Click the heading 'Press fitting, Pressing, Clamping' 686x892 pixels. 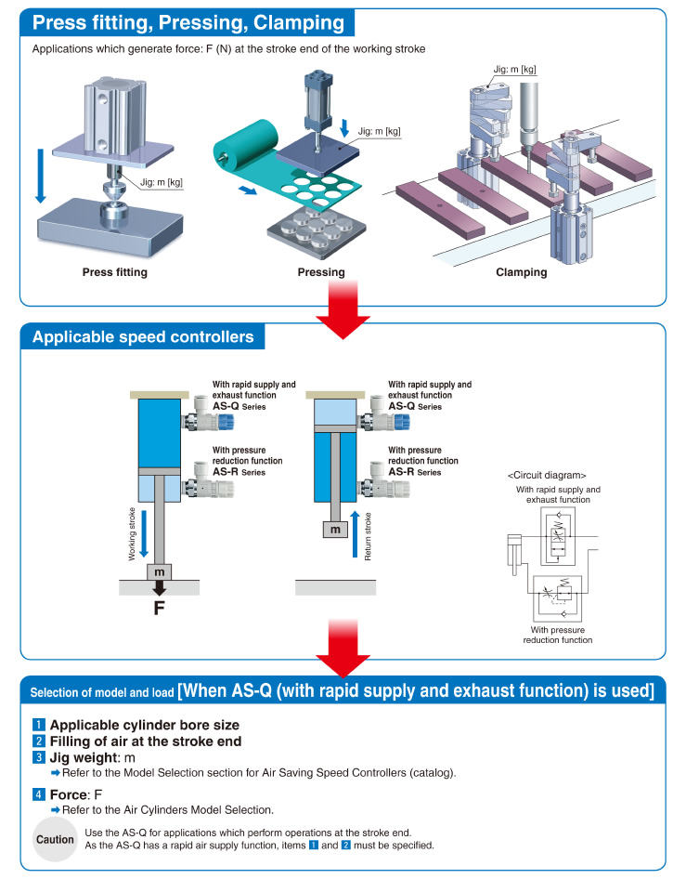188,22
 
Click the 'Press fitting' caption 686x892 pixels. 114,272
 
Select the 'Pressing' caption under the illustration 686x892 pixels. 321,272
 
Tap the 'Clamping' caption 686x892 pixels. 521,272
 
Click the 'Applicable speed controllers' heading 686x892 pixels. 143,336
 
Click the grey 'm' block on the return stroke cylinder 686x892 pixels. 335,530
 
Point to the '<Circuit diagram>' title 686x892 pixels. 546,474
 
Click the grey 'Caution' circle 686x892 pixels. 55,839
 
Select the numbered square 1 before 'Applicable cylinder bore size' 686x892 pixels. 38,725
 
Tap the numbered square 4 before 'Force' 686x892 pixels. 38,794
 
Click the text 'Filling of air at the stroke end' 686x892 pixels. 146,741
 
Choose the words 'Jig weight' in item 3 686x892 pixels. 86,758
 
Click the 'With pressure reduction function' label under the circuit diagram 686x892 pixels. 557,635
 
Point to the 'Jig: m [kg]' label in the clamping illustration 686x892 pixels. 515,69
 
